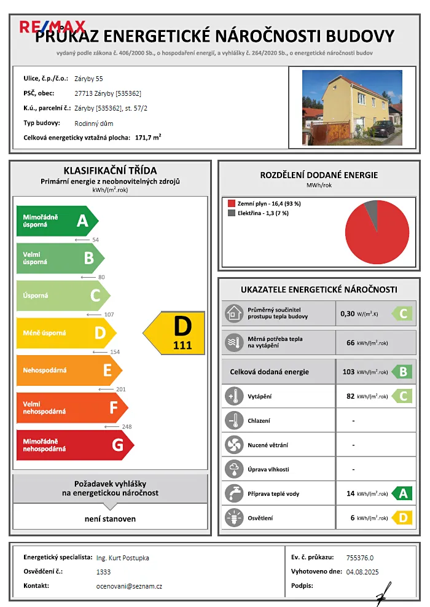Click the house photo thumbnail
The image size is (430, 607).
(352, 107)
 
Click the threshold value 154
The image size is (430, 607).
(114, 352)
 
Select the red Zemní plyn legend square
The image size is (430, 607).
(231, 203)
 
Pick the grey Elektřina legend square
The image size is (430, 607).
(231, 213)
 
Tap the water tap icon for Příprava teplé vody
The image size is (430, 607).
(234, 493)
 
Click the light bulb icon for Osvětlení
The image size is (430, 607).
(234, 518)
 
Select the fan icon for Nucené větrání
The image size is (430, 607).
(234, 445)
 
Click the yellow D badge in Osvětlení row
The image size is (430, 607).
(402, 518)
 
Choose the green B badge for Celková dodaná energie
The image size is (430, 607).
(402, 372)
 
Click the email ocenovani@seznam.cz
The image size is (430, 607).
(129, 586)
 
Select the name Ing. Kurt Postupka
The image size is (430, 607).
(123, 558)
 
